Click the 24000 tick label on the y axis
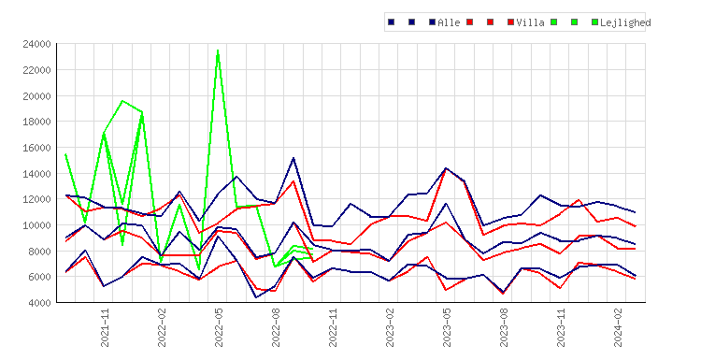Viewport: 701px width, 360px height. [x=36, y=44]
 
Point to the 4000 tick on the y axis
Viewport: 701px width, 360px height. [x=39, y=303]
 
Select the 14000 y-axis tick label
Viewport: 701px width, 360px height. [x=36, y=174]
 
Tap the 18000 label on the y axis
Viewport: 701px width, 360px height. [x=36, y=122]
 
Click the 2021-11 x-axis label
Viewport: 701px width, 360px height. [x=105, y=328]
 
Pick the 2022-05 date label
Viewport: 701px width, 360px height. [x=219, y=328]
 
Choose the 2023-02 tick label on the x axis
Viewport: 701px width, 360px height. [x=390, y=328]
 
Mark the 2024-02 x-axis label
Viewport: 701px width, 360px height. [x=618, y=328]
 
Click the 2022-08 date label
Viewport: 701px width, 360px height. [x=276, y=328]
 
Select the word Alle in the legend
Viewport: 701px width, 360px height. [x=449, y=22]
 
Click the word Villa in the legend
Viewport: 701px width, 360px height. [x=530, y=22]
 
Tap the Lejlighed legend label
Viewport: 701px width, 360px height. [x=625, y=22]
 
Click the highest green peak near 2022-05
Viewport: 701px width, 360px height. [x=218, y=50]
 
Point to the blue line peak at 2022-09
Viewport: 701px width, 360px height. [x=293, y=158]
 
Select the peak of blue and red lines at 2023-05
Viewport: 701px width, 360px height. [x=446, y=168]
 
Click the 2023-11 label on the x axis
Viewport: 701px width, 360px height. [x=561, y=328]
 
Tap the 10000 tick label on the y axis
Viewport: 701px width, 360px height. [x=36, y=225]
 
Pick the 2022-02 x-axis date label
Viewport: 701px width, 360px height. [x=162, y=328]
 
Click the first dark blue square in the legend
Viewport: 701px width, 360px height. [x=392, y=22]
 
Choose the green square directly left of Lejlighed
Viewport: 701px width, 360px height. [x=594, y=22]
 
